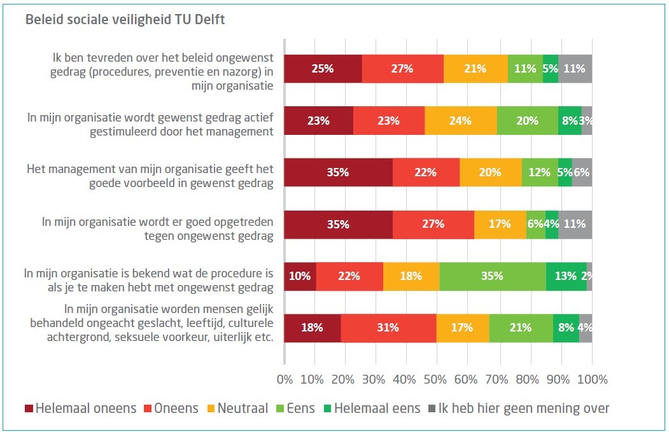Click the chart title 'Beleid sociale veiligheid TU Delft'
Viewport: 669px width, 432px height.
point(125,20)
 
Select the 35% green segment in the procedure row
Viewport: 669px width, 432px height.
point(493,276)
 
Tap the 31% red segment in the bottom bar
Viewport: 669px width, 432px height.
point(388,328)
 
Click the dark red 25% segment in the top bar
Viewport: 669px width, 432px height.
point(323,69)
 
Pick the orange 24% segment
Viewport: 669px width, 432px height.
point(460,121)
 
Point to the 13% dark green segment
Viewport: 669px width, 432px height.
point(566,276)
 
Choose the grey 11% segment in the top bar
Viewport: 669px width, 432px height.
point(575,69)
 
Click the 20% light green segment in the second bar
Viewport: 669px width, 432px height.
point(527,121)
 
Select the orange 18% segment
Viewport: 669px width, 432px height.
point(411,276)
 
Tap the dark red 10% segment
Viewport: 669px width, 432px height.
point(300,276)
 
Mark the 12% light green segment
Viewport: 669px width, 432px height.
point(540,172)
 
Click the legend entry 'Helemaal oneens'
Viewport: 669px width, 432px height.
point(80,408)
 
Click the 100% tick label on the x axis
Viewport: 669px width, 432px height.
point(592,380)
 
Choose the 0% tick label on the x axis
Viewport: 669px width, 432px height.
point(285,380)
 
